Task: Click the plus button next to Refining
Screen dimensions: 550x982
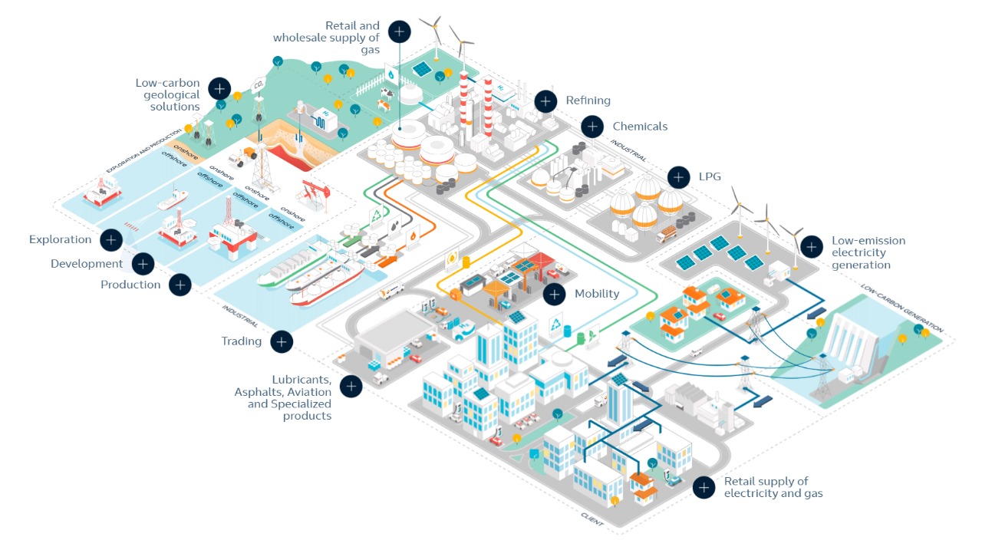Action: pyautogui.click(x=545, y=100)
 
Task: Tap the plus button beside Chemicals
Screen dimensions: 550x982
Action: pyautogui.click(x=592, y=127)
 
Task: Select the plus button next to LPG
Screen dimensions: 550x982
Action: pyautogui.click(x=678, y=177)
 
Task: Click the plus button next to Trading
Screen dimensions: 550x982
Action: pyautogui.click(x=282, y=341)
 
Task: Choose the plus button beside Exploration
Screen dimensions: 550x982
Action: pyautogui.click(x=111, y=240)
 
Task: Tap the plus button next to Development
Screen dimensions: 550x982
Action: pyautogui.click(x=143, y=264)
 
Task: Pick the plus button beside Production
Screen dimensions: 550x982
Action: pyautogui.click(x=180, y=285)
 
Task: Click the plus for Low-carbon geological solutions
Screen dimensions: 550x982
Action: pyautogui.click(x=219, y=87)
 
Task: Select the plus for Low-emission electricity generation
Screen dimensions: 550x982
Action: pyautogui.click(x=811, y=246)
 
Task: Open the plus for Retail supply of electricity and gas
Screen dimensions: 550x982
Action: pyautogui.click(x=704, y=487)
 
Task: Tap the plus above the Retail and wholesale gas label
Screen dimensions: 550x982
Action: pyautogui.click(x=399, y=31)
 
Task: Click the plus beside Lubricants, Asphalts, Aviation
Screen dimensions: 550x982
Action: pyautogui.click(x=351, y=386)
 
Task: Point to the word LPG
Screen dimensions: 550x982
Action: pyautogui.click(x=710, y=177)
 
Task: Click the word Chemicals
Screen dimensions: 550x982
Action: pyautogui.click(x=640, y=127)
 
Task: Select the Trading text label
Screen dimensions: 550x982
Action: pyautogui.click(x=242, y=341)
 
